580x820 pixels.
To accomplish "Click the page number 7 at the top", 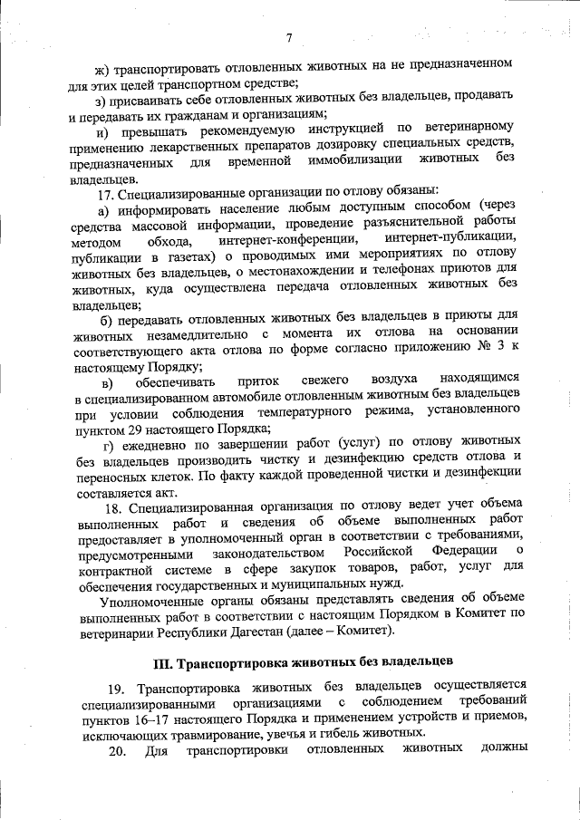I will coord(289,37).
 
